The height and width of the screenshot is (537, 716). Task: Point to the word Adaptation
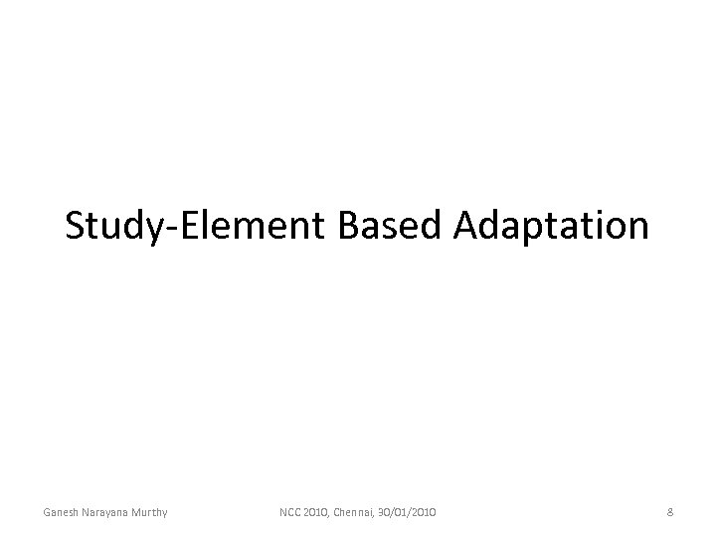pos(551,227)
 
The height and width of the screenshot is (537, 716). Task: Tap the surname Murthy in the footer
pos(148,512)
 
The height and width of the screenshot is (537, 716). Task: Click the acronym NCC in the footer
pos(290,512)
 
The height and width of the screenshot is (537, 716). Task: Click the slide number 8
pos(671,512)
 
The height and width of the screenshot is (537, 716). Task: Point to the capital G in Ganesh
pos(47,512)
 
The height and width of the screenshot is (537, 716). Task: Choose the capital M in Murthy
pos(134,512)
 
